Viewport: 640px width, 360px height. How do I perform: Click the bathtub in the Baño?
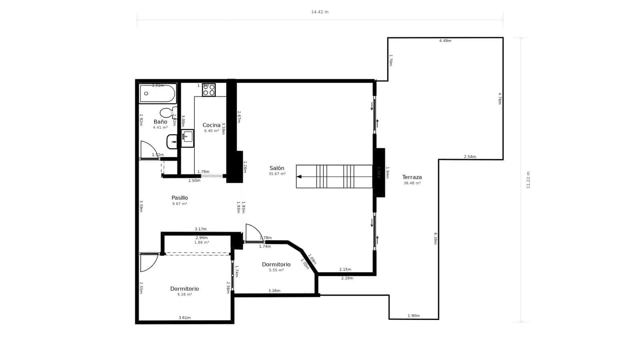(158, 94)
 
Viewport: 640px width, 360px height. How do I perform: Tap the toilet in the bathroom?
(167, 113)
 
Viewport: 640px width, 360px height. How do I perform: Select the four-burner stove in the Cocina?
(208, 90)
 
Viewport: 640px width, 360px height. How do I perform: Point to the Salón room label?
(277, 168)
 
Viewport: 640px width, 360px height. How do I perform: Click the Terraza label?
(412, 177)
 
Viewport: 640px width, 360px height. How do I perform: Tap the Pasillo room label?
(180, 198)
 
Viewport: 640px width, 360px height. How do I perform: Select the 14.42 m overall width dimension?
(320, 12)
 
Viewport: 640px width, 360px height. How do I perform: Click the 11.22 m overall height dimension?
(528, 180)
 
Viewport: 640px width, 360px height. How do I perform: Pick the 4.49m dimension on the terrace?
(445, 41)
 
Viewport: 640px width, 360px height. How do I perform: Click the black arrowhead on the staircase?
(299, 176)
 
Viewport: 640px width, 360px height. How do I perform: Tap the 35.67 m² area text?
(277, 174)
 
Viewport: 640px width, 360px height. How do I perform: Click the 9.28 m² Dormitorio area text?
(184, 295)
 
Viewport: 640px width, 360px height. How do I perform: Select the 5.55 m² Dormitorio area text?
(276, 270)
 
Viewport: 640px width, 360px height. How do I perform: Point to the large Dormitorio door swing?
(149, 263)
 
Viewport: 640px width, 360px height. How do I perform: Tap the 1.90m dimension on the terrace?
(414, 316)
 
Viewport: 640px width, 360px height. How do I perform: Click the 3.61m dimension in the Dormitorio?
(184, 318)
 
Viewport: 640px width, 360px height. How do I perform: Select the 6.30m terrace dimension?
(436, 238)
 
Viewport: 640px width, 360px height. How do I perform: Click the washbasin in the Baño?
(172, 142)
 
